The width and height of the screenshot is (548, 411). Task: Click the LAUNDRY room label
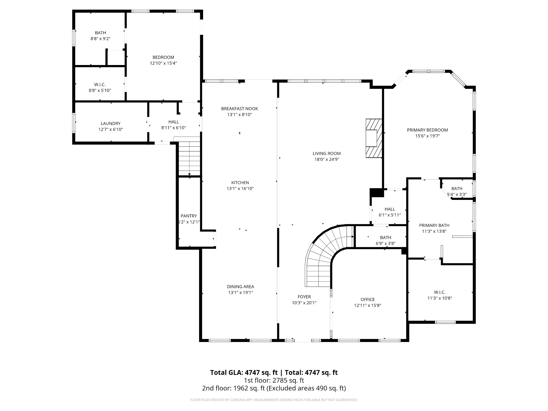(110, 123)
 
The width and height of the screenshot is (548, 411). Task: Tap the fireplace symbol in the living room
(374, 138)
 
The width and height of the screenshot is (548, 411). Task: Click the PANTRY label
(189, 216)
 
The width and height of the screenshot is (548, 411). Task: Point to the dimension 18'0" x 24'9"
(327, 159)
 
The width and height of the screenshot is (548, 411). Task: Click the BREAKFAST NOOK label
(239, 109)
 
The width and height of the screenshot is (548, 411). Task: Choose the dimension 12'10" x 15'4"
(163, 63)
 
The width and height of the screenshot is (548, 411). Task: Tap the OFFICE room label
(367, 299)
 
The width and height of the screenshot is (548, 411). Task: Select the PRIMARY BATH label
(434, 225)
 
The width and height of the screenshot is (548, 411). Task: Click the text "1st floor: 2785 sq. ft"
(274, 380)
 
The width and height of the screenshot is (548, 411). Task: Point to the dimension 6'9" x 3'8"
(386, 243)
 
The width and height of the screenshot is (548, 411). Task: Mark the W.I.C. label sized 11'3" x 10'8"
(440, 292)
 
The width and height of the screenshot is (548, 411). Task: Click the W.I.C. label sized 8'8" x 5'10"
(100, 85)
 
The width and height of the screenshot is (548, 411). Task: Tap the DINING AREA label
(240, 287)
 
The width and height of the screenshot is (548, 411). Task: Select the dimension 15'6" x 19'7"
(427, 136)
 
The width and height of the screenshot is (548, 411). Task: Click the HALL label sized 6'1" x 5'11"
(390, 209)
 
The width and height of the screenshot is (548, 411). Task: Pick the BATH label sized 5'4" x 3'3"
(457, 188)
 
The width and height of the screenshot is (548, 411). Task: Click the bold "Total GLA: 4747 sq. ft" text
(244, 372)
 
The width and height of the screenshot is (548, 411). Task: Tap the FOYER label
(304, 297)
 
